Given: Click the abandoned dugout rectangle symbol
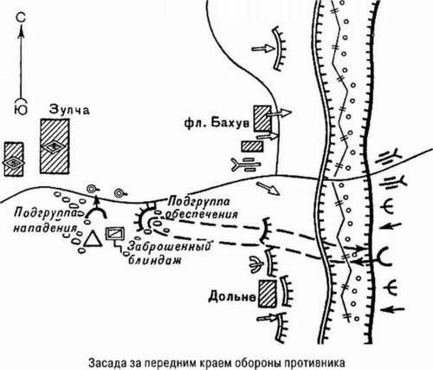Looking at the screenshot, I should pyautogui.click(x=113, y=232).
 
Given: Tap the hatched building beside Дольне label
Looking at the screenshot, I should pyautogui.click(x=269, y=293).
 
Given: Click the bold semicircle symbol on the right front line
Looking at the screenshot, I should pyautogui.click(x=384, y=255).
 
